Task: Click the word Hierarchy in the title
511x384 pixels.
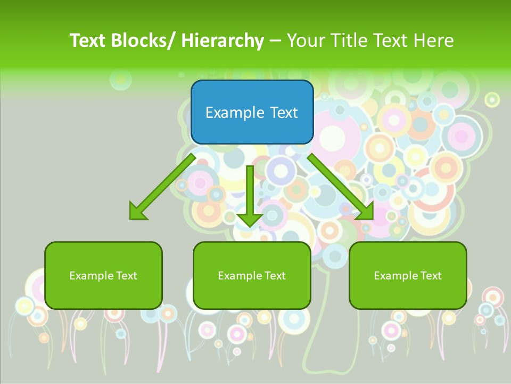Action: pos(222,41)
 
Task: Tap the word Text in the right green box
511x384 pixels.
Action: pos(430,276)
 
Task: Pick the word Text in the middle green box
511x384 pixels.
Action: pos(274,276)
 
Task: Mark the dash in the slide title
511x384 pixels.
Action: pos(275,41)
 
